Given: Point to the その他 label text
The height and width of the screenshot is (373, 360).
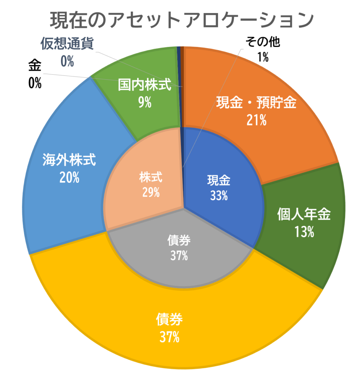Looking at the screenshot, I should click(x=262, y=43).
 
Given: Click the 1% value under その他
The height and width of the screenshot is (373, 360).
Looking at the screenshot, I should click(x=263, y=58).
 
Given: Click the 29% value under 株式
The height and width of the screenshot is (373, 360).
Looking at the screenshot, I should click(x=151, y=192).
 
